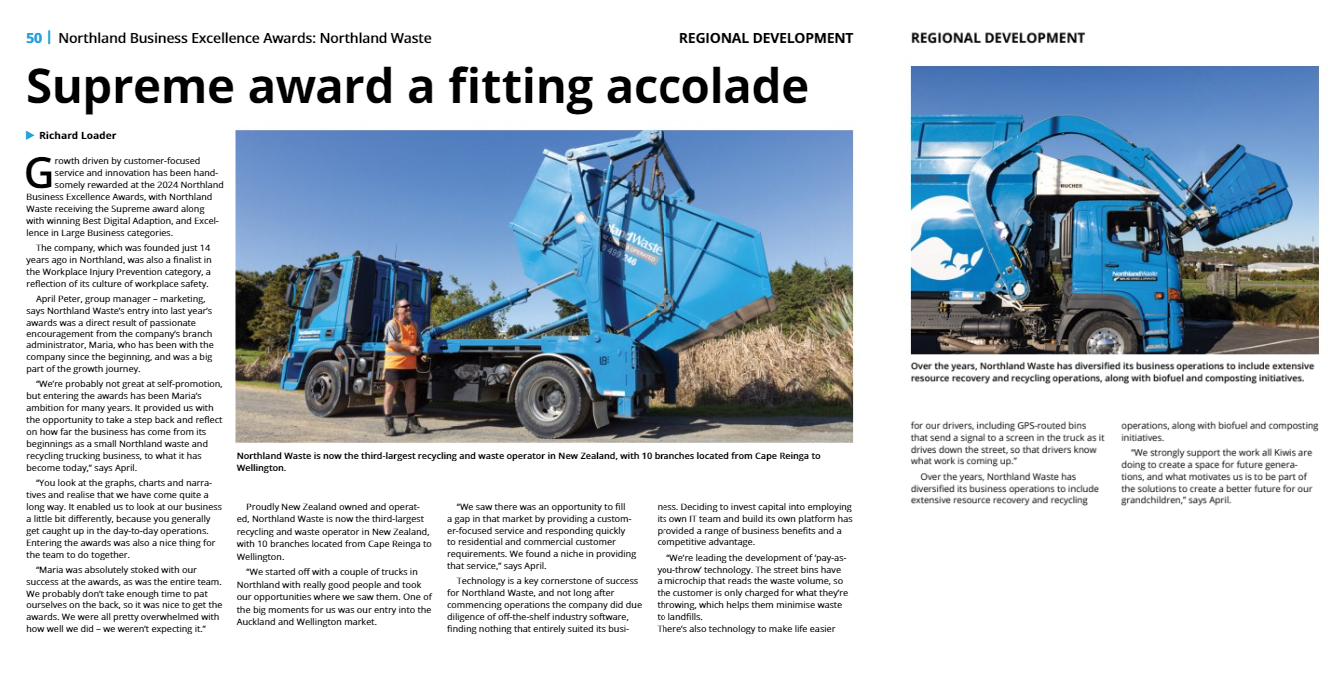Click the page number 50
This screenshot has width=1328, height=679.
point(34,38)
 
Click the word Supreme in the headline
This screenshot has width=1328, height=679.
point(128,86)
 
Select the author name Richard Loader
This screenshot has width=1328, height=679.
point(77,135)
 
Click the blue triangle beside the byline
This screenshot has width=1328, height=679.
point(30,135)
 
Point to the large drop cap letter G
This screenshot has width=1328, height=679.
point(38,172)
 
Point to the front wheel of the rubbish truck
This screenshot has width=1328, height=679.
point(1103,335)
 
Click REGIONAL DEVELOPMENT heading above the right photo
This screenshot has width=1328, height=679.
point(997,38)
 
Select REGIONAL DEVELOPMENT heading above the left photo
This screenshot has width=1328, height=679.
point(765,38)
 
